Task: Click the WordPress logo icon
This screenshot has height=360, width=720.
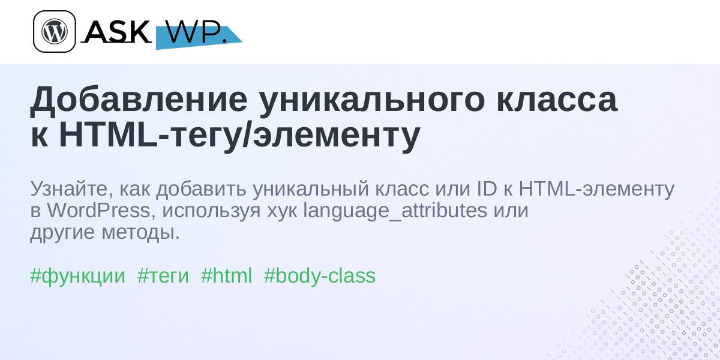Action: point(55,31)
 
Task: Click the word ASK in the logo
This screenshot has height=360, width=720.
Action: point(117,31)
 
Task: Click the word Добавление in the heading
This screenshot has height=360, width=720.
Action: point(139,100)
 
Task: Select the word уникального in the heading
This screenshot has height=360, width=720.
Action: point(371,100)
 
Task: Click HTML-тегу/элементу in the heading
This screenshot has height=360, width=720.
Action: point(239,134)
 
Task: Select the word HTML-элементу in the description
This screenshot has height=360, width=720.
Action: point(596,189)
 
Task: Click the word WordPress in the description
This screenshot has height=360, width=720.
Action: point(99,211)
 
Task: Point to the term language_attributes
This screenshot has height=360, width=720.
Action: point(395,211)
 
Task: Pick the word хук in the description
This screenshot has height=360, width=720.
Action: point(282,212)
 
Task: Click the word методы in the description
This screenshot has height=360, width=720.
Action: point(141,233)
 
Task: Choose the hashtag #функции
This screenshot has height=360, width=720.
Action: point(77,276)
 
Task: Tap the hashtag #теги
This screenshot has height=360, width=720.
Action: point(163,277)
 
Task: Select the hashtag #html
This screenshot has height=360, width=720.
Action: point(226,275)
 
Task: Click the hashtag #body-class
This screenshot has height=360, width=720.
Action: point(319,276)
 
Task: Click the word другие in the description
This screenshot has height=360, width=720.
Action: point(62,233)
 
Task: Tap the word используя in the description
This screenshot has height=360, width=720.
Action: point(211,212)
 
